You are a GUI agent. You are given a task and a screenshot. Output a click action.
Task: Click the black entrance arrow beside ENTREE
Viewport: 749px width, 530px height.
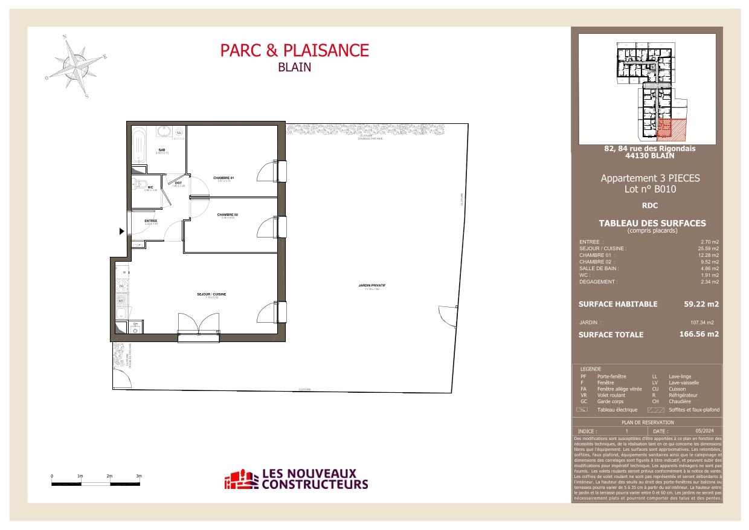pos(122,231)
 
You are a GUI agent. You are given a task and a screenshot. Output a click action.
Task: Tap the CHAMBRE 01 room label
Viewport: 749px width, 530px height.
pos(223,178)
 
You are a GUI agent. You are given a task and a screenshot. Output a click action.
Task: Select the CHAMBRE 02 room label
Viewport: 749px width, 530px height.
pos(228,215)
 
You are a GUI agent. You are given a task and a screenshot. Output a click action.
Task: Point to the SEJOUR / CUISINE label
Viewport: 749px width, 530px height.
pos(211,294)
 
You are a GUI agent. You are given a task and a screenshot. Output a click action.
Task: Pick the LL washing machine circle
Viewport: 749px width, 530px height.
pos(179,132)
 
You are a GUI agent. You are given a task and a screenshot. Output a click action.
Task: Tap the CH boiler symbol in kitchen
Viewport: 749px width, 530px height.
pos(135,327)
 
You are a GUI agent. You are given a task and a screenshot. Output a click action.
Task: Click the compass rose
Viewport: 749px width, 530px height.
pos(76,65)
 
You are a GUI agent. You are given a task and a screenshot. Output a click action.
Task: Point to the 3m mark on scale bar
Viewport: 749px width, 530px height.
pos(139,477)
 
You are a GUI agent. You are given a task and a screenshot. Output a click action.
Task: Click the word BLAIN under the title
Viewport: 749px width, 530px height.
pos(294,68)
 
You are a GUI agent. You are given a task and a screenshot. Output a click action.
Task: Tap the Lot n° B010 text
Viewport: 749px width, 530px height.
pos(650,189)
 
